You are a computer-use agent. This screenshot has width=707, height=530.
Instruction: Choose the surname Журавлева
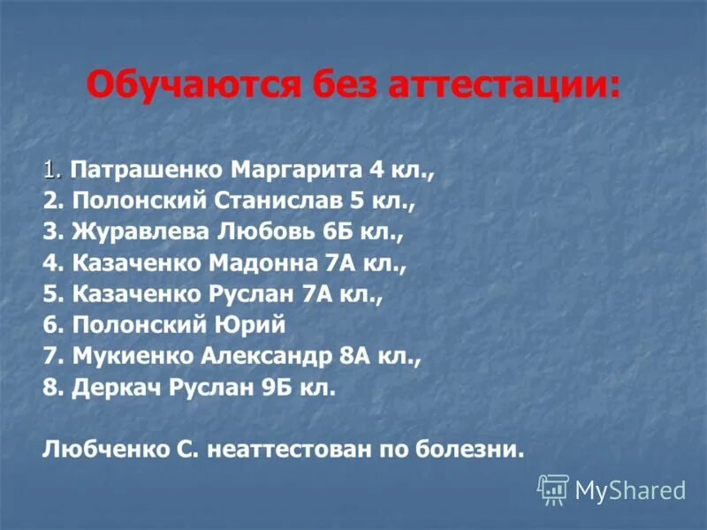click(138, 232)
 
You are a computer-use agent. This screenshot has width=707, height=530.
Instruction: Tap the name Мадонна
click(264, 263)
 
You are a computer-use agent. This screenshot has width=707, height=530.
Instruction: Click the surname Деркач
click(110, 388)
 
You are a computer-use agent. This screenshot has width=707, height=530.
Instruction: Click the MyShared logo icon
click(553, 488)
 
